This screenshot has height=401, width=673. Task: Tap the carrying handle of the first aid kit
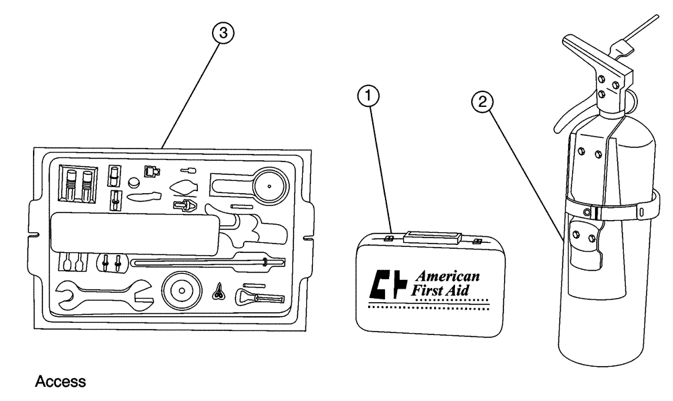[431, 237]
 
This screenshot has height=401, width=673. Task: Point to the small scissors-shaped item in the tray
[218, 291]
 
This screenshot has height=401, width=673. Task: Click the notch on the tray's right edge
[308, 237]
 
